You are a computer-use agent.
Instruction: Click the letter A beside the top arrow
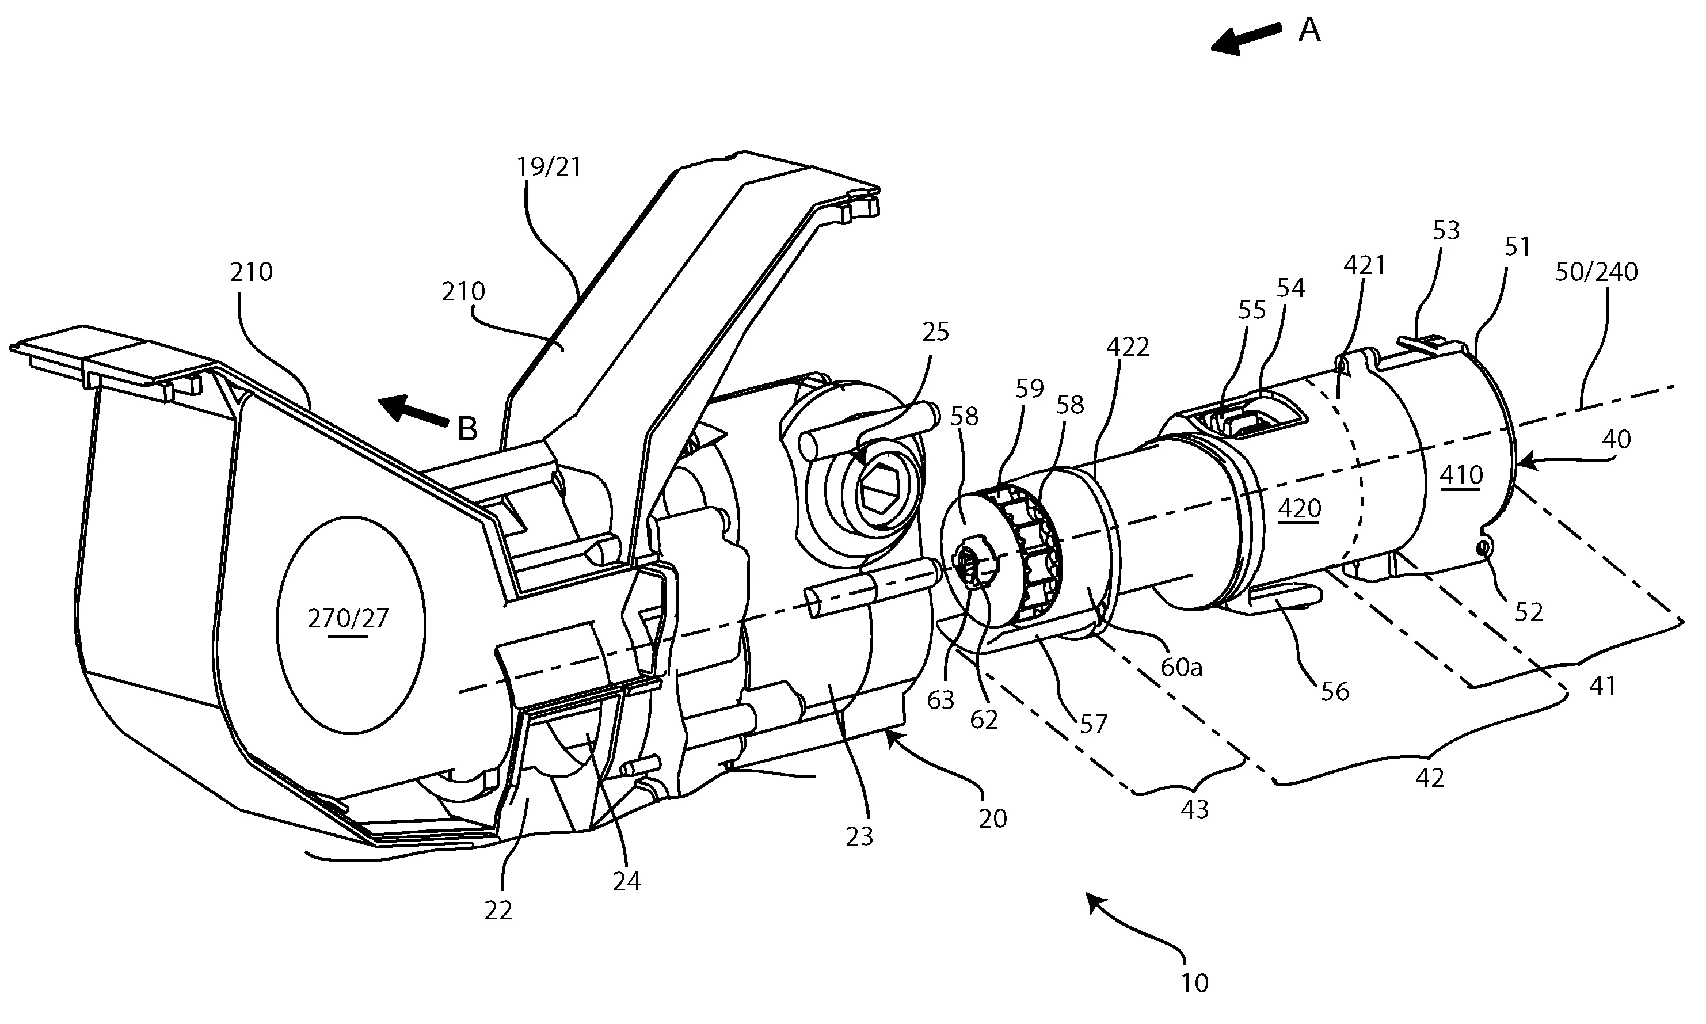coord(1309,31)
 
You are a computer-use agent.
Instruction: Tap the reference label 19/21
coord(549,167)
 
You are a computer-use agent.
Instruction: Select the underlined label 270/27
coord(348,619)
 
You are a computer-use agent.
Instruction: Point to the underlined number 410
coord(1461,475)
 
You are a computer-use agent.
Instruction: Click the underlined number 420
coord(1300,509)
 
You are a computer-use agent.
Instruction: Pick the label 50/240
coord(1596,272)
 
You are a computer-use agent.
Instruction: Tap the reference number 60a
coord(1182,667)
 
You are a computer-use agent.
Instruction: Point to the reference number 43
coord(1194,809)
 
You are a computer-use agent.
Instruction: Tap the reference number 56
coord(1334,691)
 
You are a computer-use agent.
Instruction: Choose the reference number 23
coord(859,836)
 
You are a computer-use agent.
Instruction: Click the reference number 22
coord(498,911)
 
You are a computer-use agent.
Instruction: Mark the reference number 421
coord(1365,265)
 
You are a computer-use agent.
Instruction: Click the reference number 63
coord(940,701)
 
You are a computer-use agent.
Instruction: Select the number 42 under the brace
coord(1429,778)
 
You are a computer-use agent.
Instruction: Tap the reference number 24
coord(626,881)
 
